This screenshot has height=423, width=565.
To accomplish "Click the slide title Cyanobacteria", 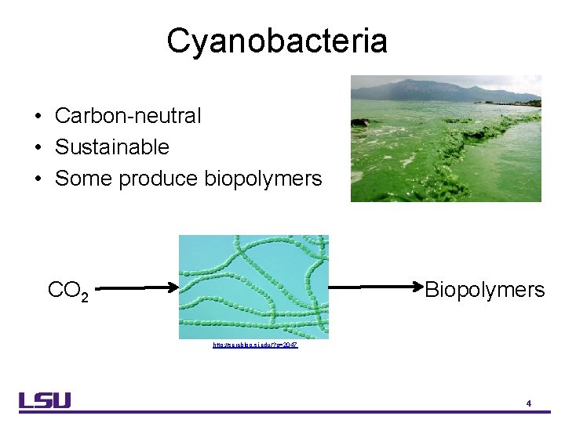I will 276,41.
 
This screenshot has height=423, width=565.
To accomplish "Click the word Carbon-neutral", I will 128,116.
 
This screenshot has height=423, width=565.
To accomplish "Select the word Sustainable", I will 111,147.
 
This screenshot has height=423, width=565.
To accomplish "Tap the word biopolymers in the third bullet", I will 263,179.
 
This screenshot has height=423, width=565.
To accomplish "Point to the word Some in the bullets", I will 83,179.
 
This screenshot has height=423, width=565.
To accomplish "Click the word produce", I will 159,179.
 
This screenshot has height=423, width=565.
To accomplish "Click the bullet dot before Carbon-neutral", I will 38,117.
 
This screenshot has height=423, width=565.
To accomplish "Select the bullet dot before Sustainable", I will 38,148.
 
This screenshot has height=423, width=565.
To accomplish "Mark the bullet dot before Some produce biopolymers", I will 38,179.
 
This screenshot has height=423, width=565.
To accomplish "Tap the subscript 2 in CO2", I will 85,296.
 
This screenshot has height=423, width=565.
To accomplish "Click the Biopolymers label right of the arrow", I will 484,291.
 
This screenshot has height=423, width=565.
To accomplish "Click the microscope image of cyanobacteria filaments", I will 253,287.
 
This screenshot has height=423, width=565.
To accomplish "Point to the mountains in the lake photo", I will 439,90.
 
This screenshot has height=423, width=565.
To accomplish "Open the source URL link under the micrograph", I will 254,345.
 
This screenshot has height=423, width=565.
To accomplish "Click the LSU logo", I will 46,400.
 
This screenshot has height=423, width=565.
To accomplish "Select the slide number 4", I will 529,403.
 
